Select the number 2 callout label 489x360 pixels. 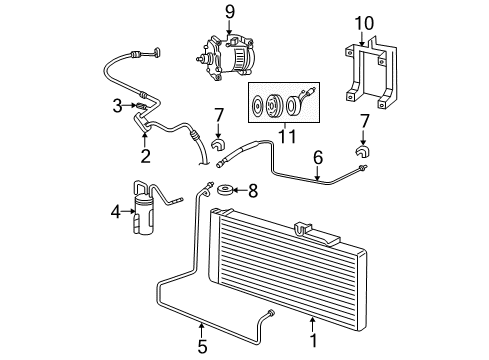[145, 156]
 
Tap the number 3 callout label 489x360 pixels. [117, 105]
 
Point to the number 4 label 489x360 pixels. [115, 211]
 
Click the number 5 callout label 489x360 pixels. [203, 347]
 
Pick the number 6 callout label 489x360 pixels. [318, 156]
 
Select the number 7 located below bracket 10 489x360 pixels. [364, 122]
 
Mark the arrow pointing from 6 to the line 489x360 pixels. [318, 173]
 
